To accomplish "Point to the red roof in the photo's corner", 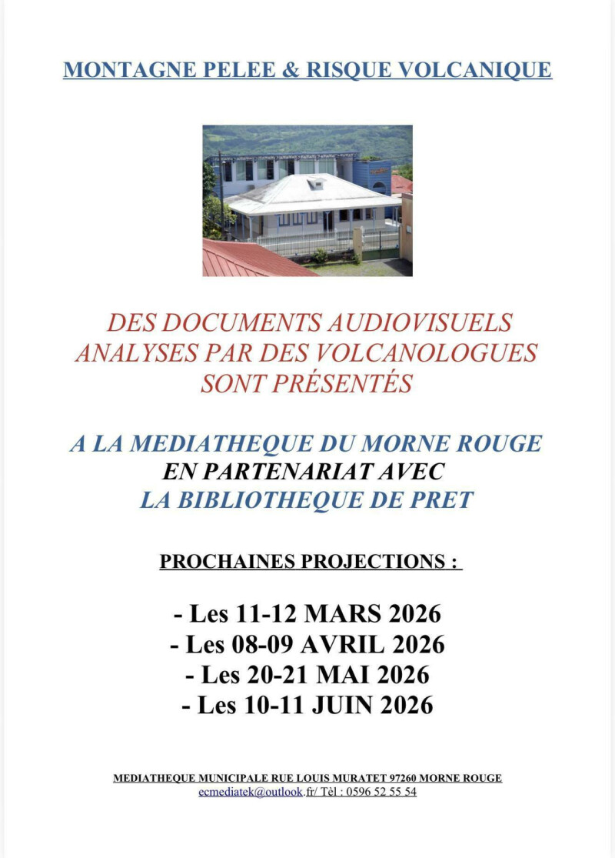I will tap(246, 259).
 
